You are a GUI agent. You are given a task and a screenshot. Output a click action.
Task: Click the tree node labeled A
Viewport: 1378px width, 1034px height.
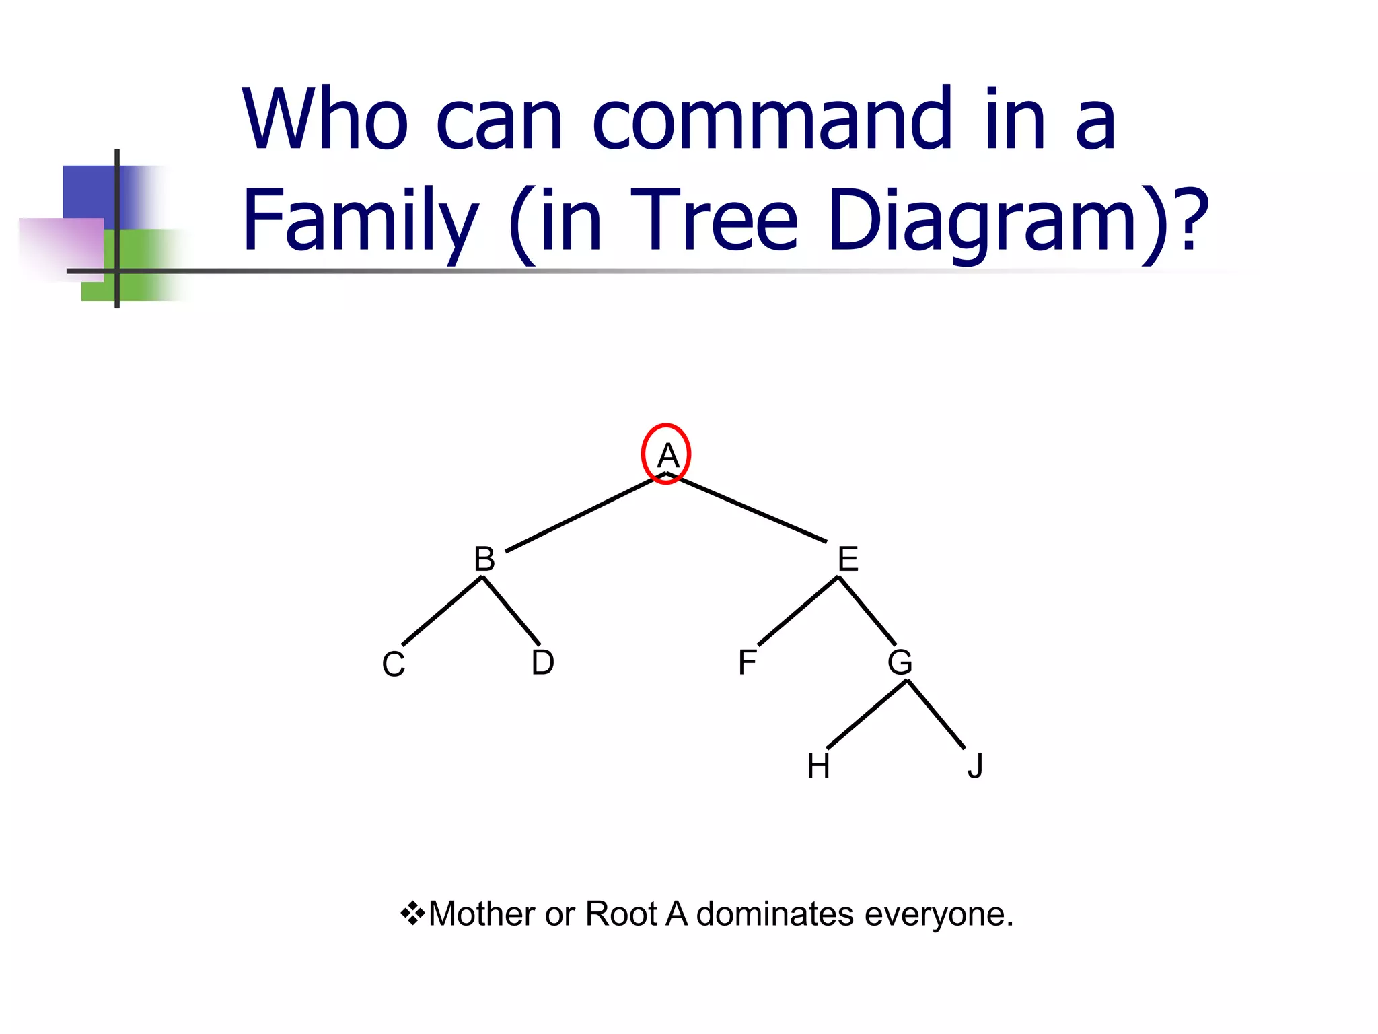[667, 456]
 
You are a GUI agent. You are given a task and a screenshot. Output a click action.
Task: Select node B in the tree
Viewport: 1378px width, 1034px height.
[484, 559]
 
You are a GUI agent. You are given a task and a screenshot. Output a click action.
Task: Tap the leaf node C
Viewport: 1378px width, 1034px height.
[394, 664]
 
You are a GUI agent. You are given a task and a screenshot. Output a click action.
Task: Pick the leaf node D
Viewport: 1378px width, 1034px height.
[543, 662]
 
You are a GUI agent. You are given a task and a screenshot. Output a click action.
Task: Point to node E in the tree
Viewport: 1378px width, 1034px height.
[848, 559]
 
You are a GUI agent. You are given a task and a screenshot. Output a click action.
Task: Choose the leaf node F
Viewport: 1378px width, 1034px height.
[747, 662]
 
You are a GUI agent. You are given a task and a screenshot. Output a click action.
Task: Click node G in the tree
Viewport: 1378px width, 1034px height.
[900, 662]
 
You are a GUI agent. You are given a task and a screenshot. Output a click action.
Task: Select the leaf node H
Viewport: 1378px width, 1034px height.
[818, 766]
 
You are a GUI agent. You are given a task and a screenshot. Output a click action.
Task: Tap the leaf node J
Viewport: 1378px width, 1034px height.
[976, 766]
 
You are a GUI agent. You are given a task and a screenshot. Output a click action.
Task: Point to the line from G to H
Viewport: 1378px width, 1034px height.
[867, 714]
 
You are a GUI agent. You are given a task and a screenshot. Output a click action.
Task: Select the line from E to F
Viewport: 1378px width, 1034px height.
[798, 611]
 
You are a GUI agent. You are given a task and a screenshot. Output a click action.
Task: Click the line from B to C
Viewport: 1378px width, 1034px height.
[442, 611]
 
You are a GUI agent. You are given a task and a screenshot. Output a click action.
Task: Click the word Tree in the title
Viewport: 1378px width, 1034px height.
[714, 221]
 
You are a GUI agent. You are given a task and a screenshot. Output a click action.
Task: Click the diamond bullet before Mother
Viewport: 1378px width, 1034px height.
[412, 914]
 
